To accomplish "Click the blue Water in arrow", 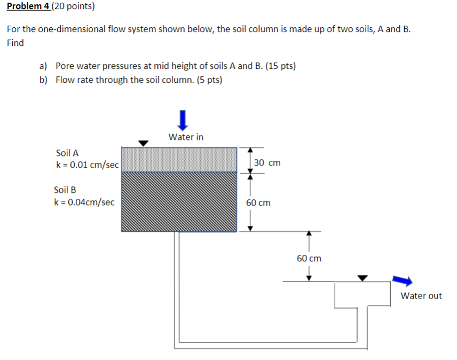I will (183, 120).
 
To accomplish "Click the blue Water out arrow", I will (402, 280).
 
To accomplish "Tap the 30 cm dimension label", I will (267, 162).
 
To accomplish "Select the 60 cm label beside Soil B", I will (258, 203).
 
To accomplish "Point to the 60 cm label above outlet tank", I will (309, 259).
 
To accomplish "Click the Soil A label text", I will (67, 153).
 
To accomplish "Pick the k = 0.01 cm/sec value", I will (86, 165).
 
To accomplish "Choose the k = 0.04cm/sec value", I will (84, 202).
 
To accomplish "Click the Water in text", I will (186, 137).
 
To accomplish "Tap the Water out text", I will (421, 296).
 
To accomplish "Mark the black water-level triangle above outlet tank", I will (363, 278).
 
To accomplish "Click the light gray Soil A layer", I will (179, 160).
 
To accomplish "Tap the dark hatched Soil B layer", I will (179, 201).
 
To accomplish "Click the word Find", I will (15, 43).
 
